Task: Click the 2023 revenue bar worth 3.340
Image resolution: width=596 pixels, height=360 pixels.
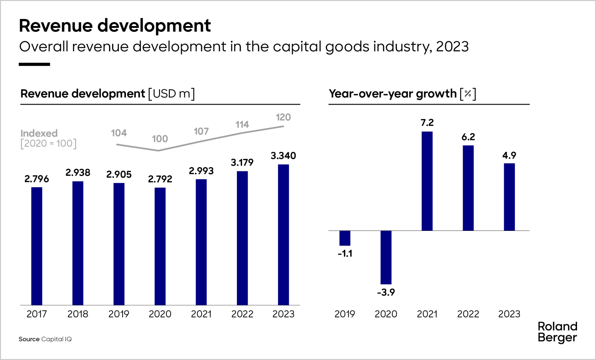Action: (x=283, y=235)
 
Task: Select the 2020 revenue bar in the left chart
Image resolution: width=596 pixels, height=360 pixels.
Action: (x=160, y=246)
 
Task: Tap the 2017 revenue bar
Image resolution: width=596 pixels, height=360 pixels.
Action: (x=37, y=246)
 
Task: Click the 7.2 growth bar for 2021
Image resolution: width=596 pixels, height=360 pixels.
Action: (x=427, y=181)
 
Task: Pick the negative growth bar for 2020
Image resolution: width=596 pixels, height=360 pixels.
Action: (x=386, y=257)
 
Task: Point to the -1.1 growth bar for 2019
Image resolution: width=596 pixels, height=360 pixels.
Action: (x=345, y=238)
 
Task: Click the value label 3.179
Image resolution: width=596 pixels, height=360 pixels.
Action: (x=242, y=162)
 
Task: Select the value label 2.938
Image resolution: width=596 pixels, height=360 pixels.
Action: (x=78, y=172)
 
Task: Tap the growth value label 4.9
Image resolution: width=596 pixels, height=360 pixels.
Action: (x=509, y=155)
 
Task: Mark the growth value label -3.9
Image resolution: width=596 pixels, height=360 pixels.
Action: (x=386, y=292)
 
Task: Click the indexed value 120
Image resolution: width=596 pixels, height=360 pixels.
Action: (x=283, y=117)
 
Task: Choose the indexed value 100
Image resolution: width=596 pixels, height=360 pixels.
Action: (x=160, y=139)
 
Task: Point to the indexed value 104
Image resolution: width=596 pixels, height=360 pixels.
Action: (x=119, y=133)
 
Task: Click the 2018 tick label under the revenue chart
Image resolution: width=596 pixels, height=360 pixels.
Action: (x=78, y=314)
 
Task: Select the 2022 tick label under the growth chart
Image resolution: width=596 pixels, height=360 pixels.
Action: (x=468, y=314)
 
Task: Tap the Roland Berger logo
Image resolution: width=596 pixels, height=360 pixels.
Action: (x=557, y=332)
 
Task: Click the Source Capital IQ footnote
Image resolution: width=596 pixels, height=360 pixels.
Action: (x=45, y=339)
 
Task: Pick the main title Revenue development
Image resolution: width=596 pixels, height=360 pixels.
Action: (x=115, y=26)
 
